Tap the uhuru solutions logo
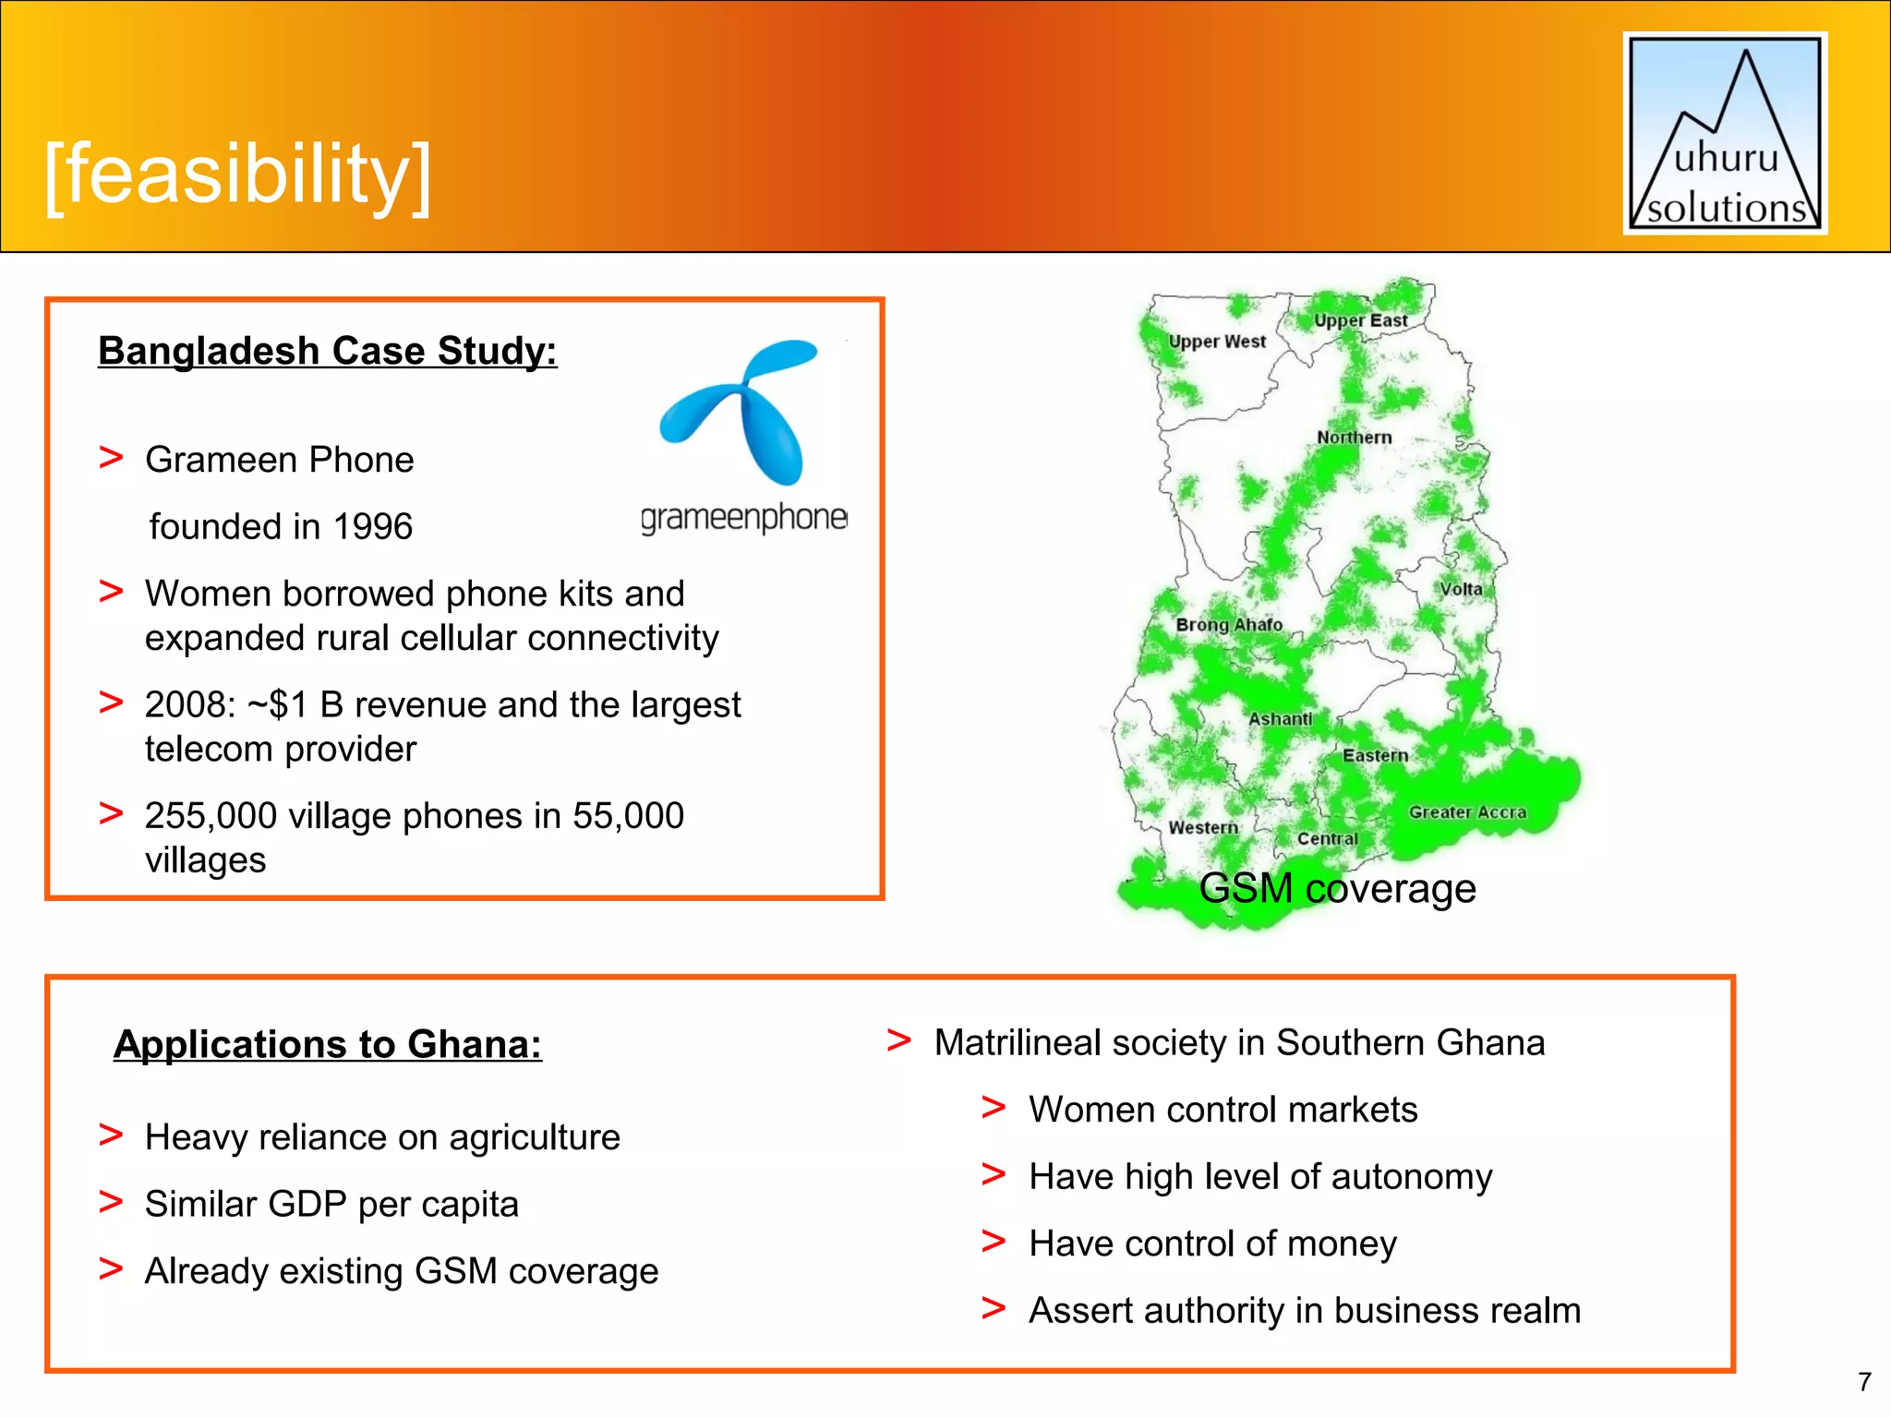pos(1725,134)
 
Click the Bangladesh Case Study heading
pos(328,352)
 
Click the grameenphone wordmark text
pos(743,519)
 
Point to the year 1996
pos(372,527)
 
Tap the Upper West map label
pos(1217,342)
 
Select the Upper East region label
pos(1360,320)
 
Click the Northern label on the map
pos(1354,438)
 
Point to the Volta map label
pos(1461,589)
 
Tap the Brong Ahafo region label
pos(1229,625)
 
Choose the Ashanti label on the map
pos(1280,719)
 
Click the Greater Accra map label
pos(1466,812)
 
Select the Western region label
pos(1202,828)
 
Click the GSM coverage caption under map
pos(1337,889)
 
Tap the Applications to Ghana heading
pos(328,1045)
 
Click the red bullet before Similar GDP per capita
pos(111,1203)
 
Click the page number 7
pos(1864,1382)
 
